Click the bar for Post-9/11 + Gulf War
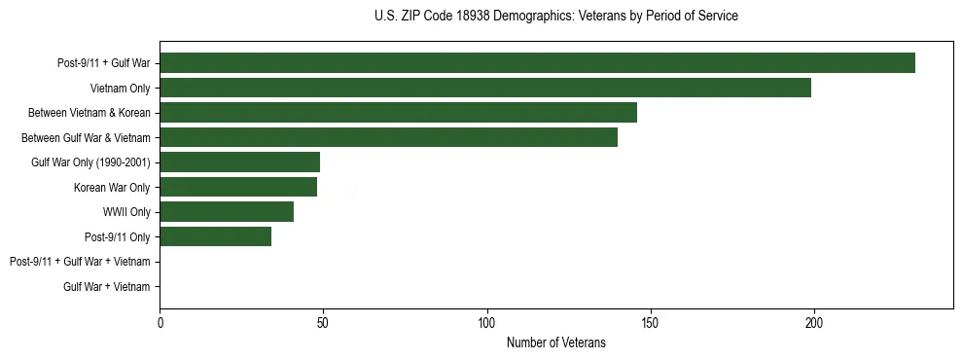pyautogui.click(x=537, y=63)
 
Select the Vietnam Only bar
pyautogui.click(x=485, y=89)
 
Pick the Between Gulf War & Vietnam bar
pyautogui.click(x=388, y=137)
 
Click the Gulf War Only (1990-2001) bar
pyautogui.click(x=239, y=162)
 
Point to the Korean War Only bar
pyautogui.click(x=238, y=187)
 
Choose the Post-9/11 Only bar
pyautogui.click(x=215, y=236)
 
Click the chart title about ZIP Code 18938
pyautogui.click(x=555, y=17)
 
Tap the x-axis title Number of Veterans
pyautogui.click(x=555, y=342)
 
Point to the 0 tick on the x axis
pyautogui.click(x=160, y=322)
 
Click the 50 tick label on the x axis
pyautogui.click(x=323, y=322)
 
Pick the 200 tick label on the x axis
pyautogui.click(x=814, y=322)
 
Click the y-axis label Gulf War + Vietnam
pyautogui.click(x=106, y=286)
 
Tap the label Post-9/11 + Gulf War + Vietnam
pyautogui.click(x=80, y=262)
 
